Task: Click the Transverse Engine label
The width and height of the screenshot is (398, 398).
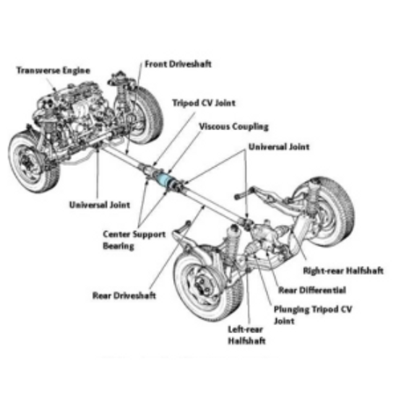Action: (54, 70)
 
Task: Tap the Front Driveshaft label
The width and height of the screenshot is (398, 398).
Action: (178, 64)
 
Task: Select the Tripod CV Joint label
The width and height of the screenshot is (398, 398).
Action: (204, 103)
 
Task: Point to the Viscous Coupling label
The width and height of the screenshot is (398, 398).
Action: (234, 127)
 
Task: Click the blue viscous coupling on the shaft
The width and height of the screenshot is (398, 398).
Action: (163, 179)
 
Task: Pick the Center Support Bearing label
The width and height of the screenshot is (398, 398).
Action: (134, 240)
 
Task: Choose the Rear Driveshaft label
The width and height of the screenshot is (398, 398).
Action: (124, 295)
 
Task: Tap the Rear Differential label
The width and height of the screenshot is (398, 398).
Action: (312, 290)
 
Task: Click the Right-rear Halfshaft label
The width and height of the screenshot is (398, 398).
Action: (343, 271)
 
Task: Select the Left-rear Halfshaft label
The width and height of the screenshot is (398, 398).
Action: (247, 335)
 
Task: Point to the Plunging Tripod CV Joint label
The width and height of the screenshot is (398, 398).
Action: (313, 315)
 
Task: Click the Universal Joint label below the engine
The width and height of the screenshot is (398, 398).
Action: (99, 205)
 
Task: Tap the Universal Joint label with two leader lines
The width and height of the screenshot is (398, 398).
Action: (279, 147)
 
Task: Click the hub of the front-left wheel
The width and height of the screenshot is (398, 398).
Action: (27, 163)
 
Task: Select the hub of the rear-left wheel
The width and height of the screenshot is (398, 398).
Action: (201, 285)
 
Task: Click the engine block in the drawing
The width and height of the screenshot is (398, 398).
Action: (75, 114)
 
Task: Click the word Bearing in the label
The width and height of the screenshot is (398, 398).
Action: (119, 246)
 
